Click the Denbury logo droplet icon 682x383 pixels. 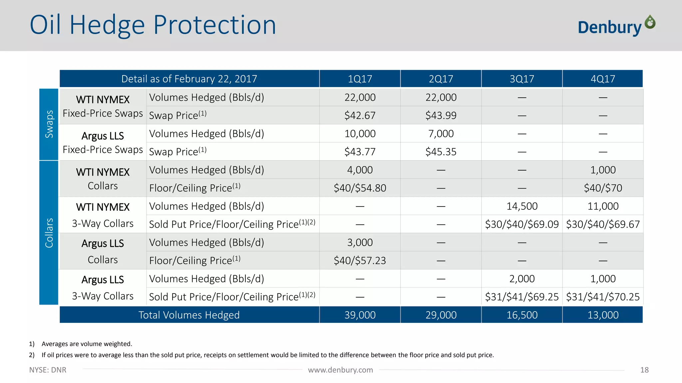[x=650, y=22]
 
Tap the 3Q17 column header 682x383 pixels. [x=522, y=79]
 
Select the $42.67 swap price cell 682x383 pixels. [x=360, y=115]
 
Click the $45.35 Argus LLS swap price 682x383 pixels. [x=441, y=152]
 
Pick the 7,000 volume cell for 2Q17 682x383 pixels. [x=441, y=134]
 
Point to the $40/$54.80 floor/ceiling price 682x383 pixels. [x=360, y=188]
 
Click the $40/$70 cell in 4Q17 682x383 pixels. [x=603, y=188]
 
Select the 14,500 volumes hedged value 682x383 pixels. [x=522, y=206]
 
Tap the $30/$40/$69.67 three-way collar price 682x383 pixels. [x=603, y=224]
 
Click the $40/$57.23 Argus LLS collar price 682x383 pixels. [x=360, y=260]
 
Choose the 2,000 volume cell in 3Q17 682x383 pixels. [x=522, y=279]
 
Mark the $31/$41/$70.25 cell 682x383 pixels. [x=603, y=297]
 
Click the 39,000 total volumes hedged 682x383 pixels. [x=360, y=315]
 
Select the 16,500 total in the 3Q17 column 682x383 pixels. [x=522, y=315]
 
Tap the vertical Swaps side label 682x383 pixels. [x=49, y=124]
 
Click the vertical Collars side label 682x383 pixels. [x=49, y=233]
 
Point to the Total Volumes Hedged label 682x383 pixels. [x=189, y=315]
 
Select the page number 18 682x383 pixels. [x=644, y=370]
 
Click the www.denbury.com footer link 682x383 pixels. [x=340, y=370]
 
